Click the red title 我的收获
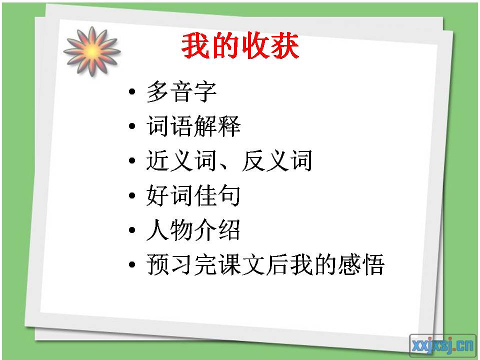[240, 47]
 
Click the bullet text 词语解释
[193, 127]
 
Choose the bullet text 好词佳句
[193, 196]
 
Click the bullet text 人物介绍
[193, 230]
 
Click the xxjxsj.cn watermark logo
[442, 344]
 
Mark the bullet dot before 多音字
[131, 93]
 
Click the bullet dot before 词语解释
[131, 127]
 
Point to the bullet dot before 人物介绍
[131, 231]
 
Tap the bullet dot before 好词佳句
[131, 196]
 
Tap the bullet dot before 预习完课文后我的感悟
[131, 265]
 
